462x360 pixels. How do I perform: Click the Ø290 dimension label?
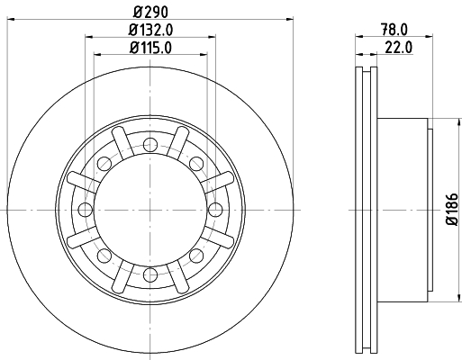pyautogui.click(x=150, y=12)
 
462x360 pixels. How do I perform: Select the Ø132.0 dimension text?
pyautogui.click(x=150, y=30)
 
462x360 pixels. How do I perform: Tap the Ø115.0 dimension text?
pyautogui.click(x=150, y=48)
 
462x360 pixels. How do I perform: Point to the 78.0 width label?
pyautogui.click(x=394, y=30)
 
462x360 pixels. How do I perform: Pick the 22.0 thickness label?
pyautogui.click(x=399, y=48)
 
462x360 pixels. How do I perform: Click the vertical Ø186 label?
pyautogui.click(x=453, y=209)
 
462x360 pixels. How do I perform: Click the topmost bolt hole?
pyautogui.click(x=150, y=145)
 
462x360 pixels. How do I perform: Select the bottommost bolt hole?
pyautogui.click(x=150, y=274)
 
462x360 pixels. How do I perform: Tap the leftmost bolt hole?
pyautogui.click(x=85, y=210)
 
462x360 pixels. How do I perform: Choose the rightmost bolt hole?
pyautogui.click(x=215, y=210)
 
